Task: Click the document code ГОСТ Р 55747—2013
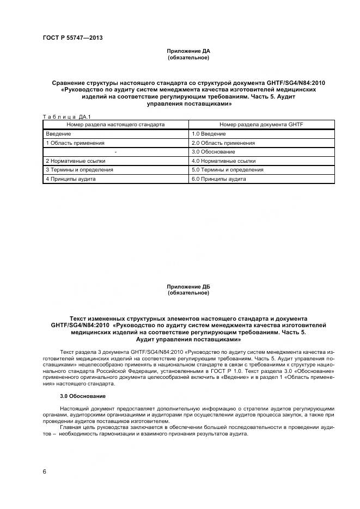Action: (72, 38)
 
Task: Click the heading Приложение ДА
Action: (188, 51)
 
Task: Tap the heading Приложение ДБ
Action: (188, 286)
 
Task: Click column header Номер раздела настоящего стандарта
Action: (115, 125)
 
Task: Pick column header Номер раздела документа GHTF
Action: (261, 125)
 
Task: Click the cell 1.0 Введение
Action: (209, 134)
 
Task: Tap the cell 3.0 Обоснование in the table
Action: (213, 151)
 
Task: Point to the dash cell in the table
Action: (115, 151)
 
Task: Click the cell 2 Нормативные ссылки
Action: (76, 161)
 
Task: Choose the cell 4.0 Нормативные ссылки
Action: (223, 161)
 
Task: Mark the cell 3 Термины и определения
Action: (80, 169)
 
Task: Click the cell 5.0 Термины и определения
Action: (227, 169)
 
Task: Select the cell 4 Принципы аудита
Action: (71, 179)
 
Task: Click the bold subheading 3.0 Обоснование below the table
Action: (83, 396)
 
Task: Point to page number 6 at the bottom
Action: (44, 471)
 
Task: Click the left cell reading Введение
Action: (57, 134)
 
